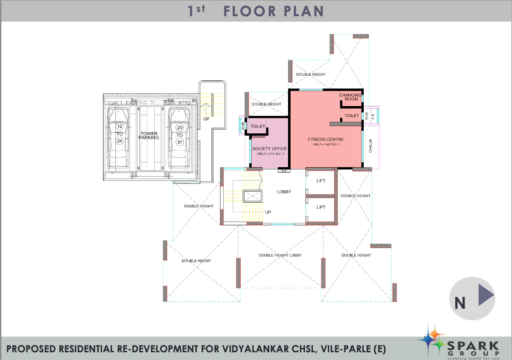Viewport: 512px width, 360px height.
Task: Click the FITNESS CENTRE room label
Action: tap(326, 139)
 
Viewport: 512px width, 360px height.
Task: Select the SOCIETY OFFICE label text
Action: tap(269, 149)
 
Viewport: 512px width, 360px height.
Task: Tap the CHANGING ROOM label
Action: tap(350, 97)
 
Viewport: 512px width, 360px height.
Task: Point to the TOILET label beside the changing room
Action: tap(352, 116)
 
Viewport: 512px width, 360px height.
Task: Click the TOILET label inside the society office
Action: tap(258, 127)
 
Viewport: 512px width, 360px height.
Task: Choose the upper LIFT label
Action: tap(321, 181)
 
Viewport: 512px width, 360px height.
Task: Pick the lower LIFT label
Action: tap(321, 207)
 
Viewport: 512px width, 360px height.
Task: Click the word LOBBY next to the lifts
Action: tap(284, 192)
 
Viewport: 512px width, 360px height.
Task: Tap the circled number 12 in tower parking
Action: tap(119, 127)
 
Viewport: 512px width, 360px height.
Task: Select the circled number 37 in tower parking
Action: tap(179, 142)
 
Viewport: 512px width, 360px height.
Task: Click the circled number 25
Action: tap(179, 127)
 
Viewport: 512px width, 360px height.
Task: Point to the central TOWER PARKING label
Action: tap(149, 136)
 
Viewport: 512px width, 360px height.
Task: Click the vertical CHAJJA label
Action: tap(371, 146)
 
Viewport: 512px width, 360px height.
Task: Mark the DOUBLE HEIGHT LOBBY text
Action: tap(280, 255)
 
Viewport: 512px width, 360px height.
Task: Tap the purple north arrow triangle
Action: tap(486, 295)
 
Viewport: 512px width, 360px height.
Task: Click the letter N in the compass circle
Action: tap(460, 302)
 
